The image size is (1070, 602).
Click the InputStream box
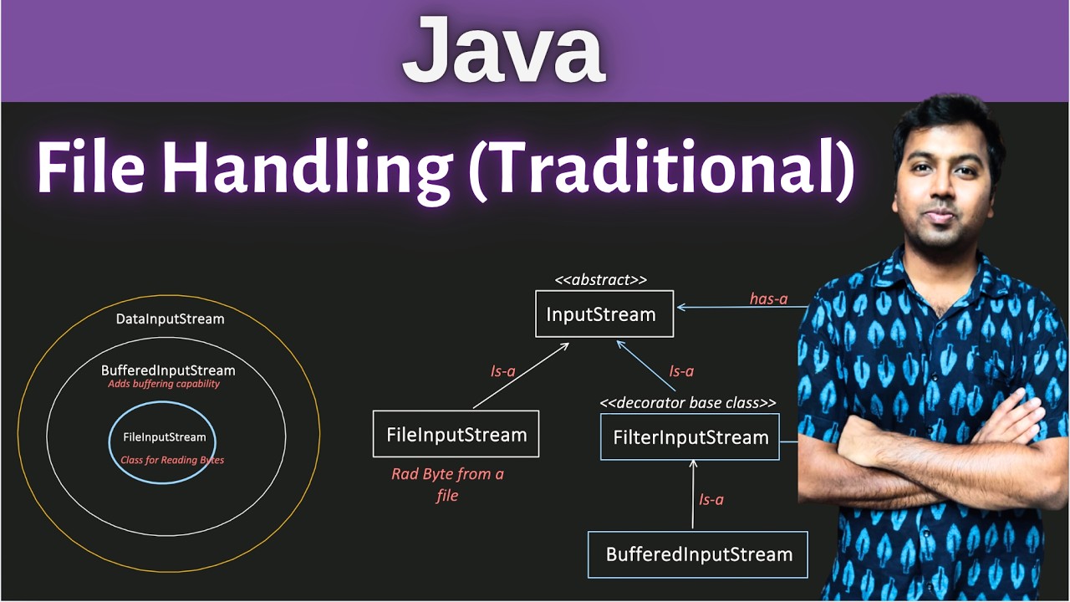(x=604, y=314)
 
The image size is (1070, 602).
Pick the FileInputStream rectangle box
(x=456, y=434)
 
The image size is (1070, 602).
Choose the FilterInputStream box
(x=690, y=436)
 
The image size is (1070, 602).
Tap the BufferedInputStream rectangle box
(x=698, y=554)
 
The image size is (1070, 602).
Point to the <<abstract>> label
(x=601, y=280)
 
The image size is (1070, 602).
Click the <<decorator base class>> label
(x=688, y=402)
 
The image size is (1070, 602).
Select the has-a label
(x=768, y=298)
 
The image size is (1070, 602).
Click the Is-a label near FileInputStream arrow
(x=502, y=370)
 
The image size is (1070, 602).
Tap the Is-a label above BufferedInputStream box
(x=711, y=499)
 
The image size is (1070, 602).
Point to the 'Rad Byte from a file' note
(x=447, y=484)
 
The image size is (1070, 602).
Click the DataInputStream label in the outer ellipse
(x=170, y=319)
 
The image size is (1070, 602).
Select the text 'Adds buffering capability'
(x=164, y=385)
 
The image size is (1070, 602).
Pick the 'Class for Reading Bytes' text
(x=172, y=460)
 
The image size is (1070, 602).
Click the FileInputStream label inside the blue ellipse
(x=164, y=437)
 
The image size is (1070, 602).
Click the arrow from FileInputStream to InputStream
(x=522, y=375)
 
